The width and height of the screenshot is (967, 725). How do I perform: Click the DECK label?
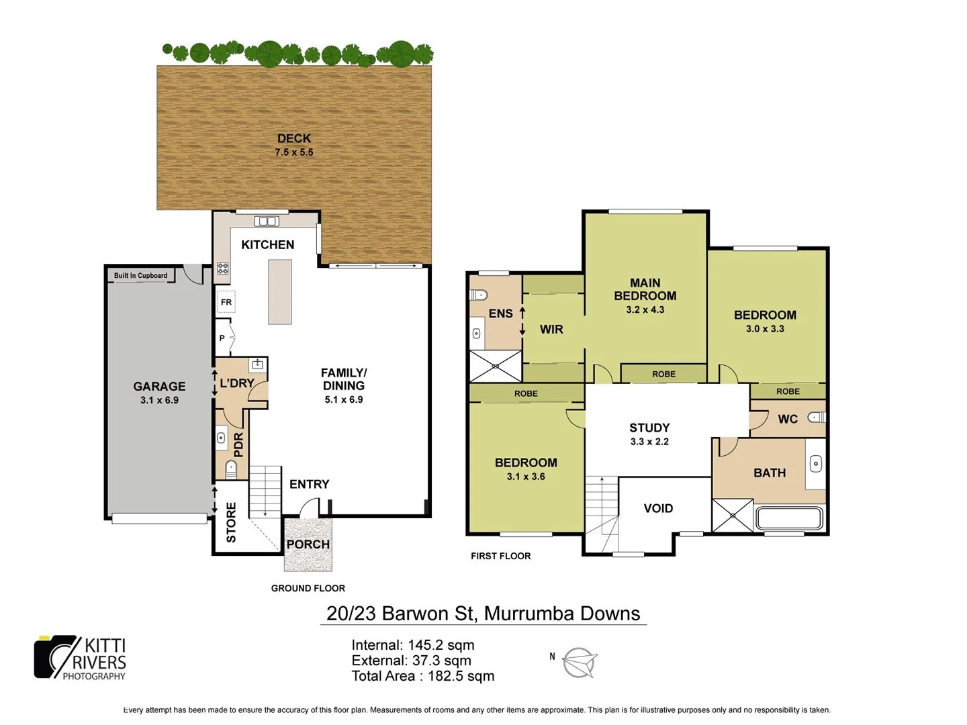pyautogui.click(x=294, y=138)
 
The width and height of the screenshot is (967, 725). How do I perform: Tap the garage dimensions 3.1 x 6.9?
pyautogui.click(x=159, y=400)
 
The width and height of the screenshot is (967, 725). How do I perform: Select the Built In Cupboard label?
pyautogui.click(x=140, y=275)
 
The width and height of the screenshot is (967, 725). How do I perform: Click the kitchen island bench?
pyautogui.click(x=280, y=292)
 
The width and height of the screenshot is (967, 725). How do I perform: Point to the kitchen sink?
pyautogui.click(x=267, y=221)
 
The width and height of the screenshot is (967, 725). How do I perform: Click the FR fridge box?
pyautogui.click(x=226, y=302)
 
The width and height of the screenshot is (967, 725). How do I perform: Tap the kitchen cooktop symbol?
pyautogui.click(x=223, y=269)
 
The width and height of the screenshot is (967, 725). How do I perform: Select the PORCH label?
pyautogui.click(x=308, y=544)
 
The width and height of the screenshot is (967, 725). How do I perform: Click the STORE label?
pyautogui.click(x=231, y=522)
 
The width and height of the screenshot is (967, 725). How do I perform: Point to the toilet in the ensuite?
pyautogui.click(x=478, y=295)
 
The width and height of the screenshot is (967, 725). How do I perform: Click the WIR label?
pyautogui.click(x=551, y=329)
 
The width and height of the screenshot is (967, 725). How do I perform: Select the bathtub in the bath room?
pyautogui.click(x=789, y=518)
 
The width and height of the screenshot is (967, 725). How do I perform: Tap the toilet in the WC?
pyautogui.click(x=816, y=417)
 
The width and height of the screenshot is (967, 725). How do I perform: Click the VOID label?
pyautogui.click(x=658, y=508)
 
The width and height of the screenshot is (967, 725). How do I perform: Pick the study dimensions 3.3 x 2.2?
pyautogui.click(x=649, y=442)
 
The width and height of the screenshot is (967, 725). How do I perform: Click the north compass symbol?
pyautogui.click(x=578, y=663)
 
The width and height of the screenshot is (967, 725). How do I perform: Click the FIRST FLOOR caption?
pyautogui.click(x=500, y=556)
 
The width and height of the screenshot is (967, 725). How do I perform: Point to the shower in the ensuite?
pyautogui.click(x=496, y=366)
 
